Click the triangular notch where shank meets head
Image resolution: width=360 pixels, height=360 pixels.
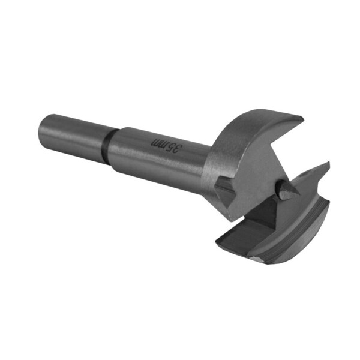(x=224, y=191)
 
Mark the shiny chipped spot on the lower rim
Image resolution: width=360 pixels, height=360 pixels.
(x=257, y=259)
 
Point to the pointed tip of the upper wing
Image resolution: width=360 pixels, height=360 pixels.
(x=302, y=118)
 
